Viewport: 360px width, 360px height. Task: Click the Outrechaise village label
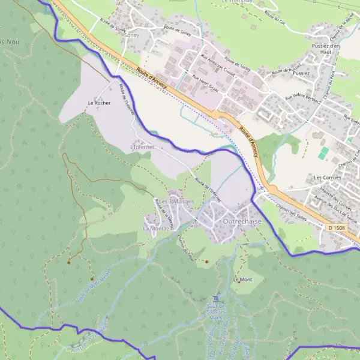[242, 221]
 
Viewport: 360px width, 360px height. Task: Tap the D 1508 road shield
[337, 227]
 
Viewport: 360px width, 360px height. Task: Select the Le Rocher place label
[99, 103]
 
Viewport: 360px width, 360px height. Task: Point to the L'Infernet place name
[142, 146]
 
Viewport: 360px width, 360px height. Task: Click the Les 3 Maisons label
[176, 201]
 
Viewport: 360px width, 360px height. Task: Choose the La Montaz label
[155, 229]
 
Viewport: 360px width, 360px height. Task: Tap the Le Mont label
[243, 280]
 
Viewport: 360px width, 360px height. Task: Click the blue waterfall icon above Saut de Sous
[217, 299]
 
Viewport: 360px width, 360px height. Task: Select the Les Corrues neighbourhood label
[327, 178]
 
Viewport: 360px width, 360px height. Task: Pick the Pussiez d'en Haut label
[326, 49]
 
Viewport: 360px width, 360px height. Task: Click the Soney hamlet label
[130, 35]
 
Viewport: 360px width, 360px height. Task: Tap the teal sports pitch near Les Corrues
[325, 153]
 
